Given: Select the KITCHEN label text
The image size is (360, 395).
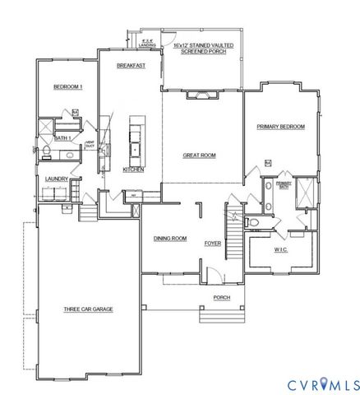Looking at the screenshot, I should pyautogui.click(x=133, y=170).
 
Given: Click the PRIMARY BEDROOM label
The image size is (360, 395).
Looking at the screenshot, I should pyautogui.click(x=280, y=127).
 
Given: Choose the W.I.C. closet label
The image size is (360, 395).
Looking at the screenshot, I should pyautogui.click(x=281, y=249).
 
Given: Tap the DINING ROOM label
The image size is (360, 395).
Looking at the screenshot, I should pyautogui.click(x=170, y=239).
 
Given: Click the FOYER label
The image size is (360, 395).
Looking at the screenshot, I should pyautogui.click(x=213, y=243).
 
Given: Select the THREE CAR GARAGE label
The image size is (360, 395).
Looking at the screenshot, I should pyautogui.click(x=88, y=309).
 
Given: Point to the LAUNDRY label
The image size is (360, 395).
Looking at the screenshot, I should pyautogui.click(x=56, y=178).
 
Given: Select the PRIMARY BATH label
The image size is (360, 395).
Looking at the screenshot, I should pyautogui.click(x=283, y=185).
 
